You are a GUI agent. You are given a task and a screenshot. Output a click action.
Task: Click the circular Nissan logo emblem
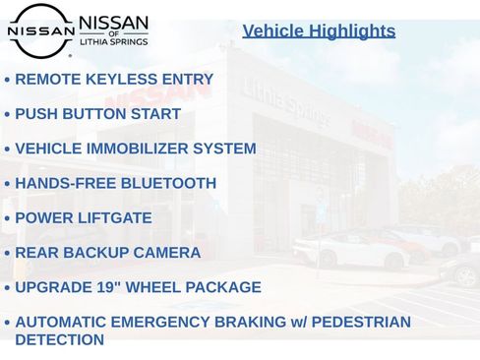[40, 30]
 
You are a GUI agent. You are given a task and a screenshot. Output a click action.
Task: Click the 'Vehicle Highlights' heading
[319, 30]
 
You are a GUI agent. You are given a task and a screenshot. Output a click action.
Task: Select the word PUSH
[35, 114]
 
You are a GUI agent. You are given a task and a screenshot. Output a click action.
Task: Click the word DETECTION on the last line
[59, 340]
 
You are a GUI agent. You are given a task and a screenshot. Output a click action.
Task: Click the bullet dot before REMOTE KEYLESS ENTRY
[7, 80]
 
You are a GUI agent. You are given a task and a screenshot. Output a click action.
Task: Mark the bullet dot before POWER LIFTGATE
[7, 218]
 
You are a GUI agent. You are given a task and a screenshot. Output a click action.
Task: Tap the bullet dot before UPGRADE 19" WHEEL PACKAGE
[7, 288]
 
